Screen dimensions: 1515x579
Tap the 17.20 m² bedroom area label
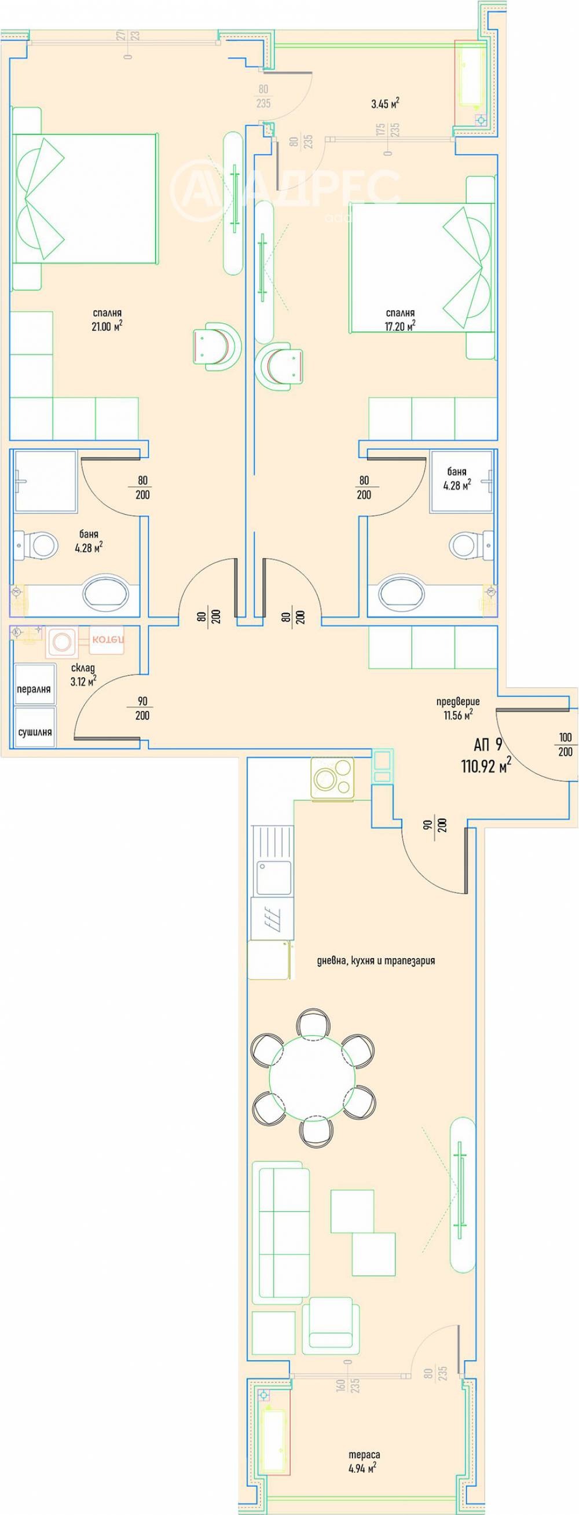pyautogui.click(x=400, y=320)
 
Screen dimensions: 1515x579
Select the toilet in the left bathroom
pyautogui.click(x=37, y=545)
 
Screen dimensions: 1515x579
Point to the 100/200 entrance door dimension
pyautogui.click(x=565, y=744)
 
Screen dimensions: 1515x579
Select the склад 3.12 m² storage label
pyautogui.click(x=83, y=674)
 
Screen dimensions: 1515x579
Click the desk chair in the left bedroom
pyautogui.click(x=215, y=346)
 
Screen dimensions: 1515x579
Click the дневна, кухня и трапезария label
pyautogui.click(x=375, y=960)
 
